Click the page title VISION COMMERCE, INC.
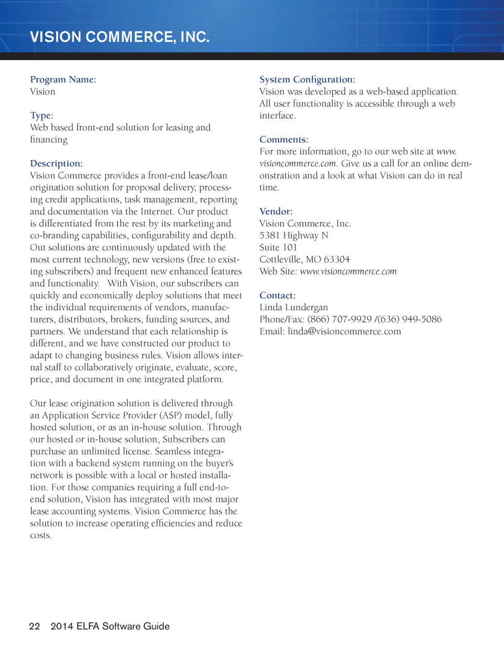(x=120, y=37)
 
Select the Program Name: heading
(x=63, y=79)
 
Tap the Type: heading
(x=41, y=115)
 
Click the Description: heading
(x=56, y=163)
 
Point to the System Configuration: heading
(x=307, y=79)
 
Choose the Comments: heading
(x=283, y=140)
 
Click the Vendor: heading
(x=276, y=212)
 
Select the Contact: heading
(x=277, y=296)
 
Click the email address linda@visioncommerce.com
(x=344, y=332)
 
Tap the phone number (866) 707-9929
(x=339, y=319)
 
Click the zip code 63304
(x=337, y=259)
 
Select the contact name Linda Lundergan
(x=293, y=308)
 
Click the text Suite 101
(x=278, y=247)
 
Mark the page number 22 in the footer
(x=35, y=626)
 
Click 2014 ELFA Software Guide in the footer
(x=110, y=626)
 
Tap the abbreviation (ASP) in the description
(x=171, y=415)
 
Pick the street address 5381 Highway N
(x=293, y=235)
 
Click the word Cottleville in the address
(x=280, y=259)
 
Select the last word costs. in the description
(x=41, y=535)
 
